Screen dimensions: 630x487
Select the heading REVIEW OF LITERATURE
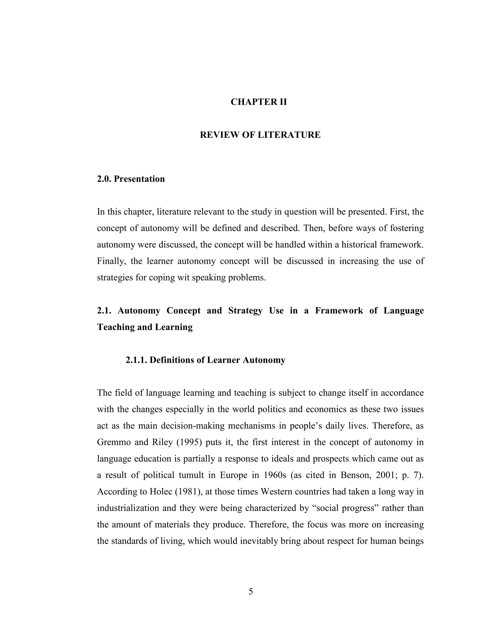point(260,135)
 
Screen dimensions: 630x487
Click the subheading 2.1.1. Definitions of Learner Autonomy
point(205,360)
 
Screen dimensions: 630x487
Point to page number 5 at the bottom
point(251,592)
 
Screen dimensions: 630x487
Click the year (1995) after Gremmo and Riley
point(188,442)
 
